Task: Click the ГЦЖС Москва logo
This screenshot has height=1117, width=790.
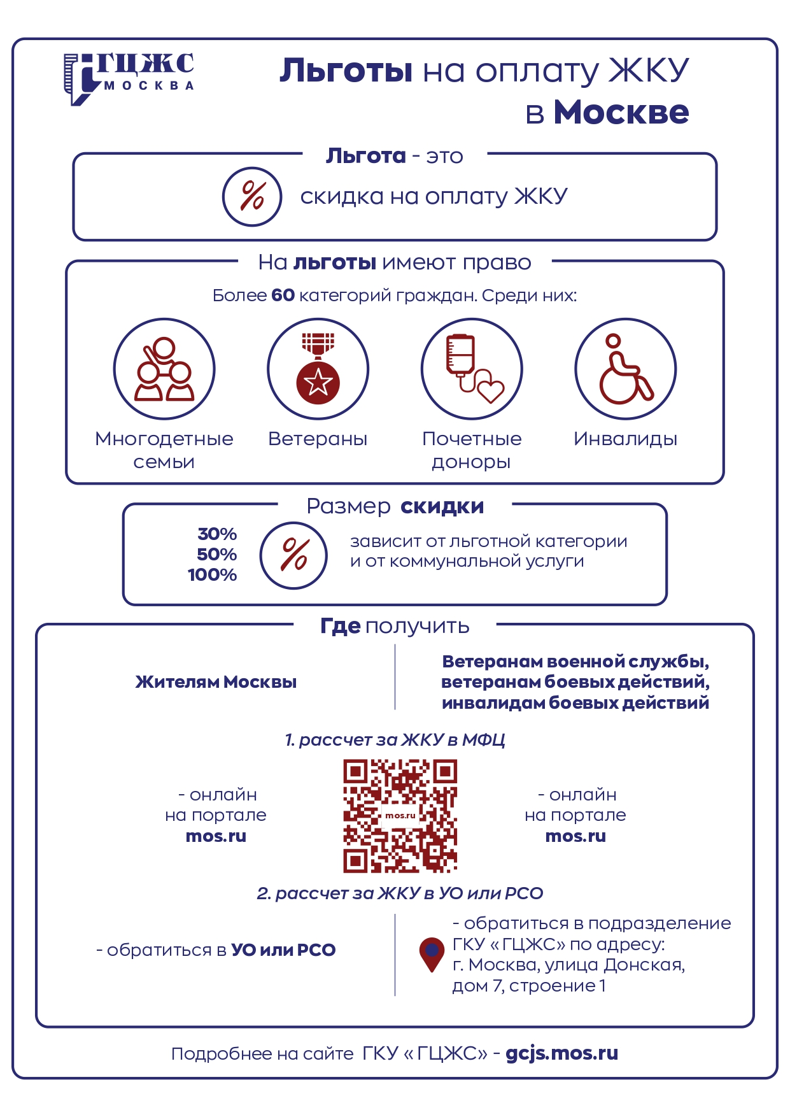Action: pos(129,78)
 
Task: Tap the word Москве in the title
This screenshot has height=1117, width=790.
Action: pos(621,113)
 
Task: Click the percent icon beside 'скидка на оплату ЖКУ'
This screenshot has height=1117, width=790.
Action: pos(252,196)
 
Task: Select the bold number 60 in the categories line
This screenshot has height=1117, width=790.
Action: pos(283,295)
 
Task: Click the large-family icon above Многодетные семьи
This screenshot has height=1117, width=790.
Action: pos(164,369)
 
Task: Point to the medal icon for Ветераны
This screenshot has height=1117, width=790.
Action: pos(318,369)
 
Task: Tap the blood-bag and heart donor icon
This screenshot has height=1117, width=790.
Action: pos(472,369)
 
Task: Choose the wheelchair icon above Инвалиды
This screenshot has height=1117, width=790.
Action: pos(626,369)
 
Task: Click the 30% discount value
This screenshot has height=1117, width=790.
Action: pos(217,534)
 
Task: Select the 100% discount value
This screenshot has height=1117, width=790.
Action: pos(212,574)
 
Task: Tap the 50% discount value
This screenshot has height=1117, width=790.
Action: pos(216,554)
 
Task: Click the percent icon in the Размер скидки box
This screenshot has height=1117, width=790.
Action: pos(293,555)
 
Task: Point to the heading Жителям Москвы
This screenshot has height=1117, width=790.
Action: pos(216,682)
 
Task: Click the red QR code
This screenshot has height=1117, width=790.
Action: pos(400,816)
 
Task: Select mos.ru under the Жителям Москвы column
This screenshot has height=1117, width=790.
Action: pos(216,836)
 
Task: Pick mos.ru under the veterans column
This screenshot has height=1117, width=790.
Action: pos(575,836)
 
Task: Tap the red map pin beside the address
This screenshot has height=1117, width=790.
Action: pos(432,953)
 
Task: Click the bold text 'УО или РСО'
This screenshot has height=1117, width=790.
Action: pos(283,950)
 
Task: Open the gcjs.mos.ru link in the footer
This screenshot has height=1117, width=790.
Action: pos(561,1053)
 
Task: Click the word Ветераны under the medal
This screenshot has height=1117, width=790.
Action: pos(318,439)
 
